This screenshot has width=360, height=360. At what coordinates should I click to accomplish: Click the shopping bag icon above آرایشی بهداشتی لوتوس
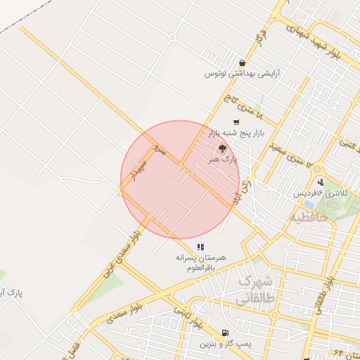point(243,63)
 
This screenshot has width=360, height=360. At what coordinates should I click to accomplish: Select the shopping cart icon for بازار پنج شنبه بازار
point(236,122)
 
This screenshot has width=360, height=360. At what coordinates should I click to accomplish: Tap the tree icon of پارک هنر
point(222,148)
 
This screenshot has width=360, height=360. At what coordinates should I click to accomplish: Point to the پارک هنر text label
point(224,160)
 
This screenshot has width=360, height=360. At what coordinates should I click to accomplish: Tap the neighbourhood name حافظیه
point(310,217)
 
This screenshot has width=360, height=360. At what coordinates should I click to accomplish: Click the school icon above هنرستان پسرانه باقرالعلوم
point(200,247)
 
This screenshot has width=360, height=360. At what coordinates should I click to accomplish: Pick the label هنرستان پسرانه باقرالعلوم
point(202,262)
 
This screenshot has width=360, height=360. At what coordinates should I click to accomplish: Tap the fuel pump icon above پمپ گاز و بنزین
point(224,333)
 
